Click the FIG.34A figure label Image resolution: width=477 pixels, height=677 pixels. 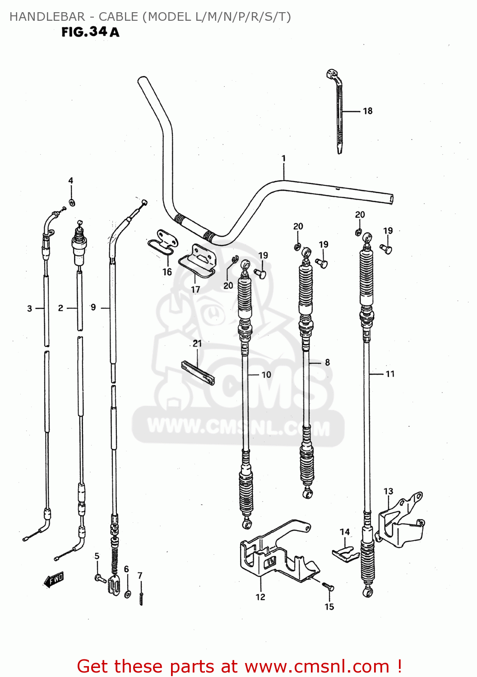(x=90, y=32)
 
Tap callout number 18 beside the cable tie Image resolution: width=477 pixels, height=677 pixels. (x=368, y=111)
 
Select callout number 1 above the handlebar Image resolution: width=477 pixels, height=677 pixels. (x=283, y=158)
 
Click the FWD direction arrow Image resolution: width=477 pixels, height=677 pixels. (x=54, y=580)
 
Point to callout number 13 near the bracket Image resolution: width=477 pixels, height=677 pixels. (x=388, y=491)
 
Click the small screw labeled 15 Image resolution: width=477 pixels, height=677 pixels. (x=328, y=587)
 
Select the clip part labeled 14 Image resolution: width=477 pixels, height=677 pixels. (x=345, y=553)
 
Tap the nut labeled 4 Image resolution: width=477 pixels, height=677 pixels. (x=72, y=202)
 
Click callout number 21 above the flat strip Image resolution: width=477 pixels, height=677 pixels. (x=197, y=343)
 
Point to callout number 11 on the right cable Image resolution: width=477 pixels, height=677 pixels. (x=390, y=374)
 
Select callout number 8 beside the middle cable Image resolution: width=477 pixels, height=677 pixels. (x=327, y=362)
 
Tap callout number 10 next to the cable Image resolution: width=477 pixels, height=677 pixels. (x=266, y=375)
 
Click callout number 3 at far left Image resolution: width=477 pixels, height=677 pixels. (x=30, y=309)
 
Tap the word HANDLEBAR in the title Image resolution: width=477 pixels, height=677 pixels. (x=47, y=17)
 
